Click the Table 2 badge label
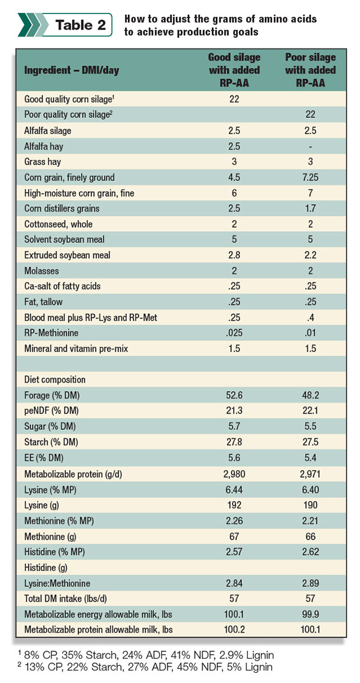81,25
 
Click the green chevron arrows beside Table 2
32,25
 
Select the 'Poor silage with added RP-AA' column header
310,70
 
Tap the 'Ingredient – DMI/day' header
71,71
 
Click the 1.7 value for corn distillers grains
310,208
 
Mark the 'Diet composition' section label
55,379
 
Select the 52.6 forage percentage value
235,396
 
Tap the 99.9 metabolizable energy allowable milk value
310,613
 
